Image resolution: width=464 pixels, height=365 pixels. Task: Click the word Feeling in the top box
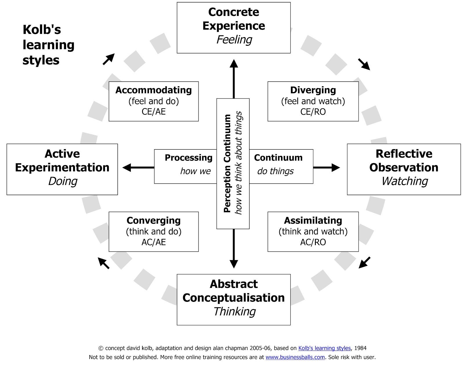(x=234, y=40)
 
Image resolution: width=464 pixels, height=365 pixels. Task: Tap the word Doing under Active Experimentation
(x=63, y=181)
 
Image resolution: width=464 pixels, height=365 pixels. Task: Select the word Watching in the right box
(x=405, y=181)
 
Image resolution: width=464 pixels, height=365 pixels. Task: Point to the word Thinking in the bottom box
(x=234, y=312)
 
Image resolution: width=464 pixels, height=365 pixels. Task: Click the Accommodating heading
(x=153, y=90)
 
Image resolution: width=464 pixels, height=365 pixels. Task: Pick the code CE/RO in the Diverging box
(x=313, y=112)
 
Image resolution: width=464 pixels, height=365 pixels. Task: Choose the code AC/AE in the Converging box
(x=153, y=242)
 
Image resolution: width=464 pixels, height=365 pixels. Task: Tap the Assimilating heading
(x=313, y=220)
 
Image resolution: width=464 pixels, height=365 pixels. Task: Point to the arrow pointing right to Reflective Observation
(x=327, y=167)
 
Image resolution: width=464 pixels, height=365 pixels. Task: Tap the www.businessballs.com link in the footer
(x=295, y=357)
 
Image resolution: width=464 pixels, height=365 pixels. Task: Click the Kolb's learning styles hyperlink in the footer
(x=324, y=348)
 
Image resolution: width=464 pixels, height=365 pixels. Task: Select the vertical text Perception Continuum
(x=227, y=164)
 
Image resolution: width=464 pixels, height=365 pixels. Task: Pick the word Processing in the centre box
(x=188, y=158)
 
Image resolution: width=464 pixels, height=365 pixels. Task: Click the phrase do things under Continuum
(x=275, y=171)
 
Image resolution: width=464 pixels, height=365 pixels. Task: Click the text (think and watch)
(x=313, y=231)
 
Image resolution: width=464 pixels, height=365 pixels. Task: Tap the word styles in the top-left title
(x=41, y=60)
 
